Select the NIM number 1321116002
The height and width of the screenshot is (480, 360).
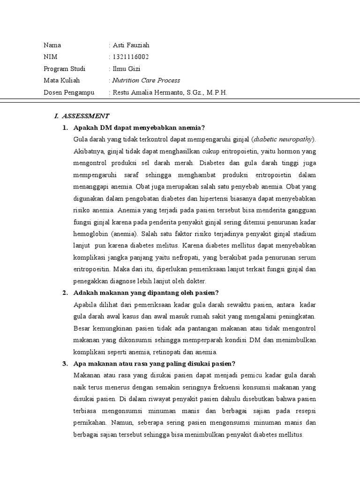(x=130, y=57)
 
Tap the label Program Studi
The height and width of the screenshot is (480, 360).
(x=64, y=69)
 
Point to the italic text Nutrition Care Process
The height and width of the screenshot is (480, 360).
(x=146, y=81)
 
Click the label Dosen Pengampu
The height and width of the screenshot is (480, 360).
(x=69, y=92)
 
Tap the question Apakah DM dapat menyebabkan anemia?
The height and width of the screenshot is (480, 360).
(x=140, y=127)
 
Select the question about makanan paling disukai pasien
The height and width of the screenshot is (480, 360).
(x=154, y=364)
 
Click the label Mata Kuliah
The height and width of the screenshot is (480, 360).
(x=62, y=81)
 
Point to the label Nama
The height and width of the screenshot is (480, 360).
(x=52, y=45)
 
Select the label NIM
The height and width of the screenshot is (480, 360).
(x=50, y=57)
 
